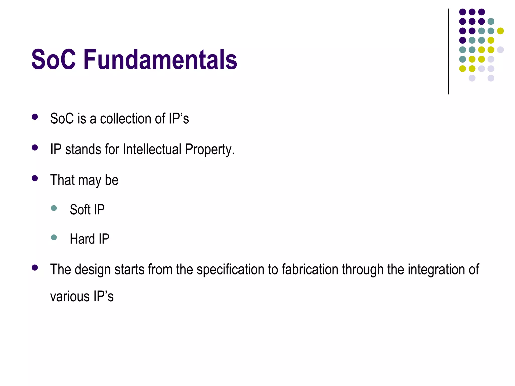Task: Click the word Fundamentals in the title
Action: click(160, 60)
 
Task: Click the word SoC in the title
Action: click(53, 60)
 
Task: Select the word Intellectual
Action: click(152, 149)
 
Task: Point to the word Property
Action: click(209, 150)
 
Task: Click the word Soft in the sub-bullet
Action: click(80, 210)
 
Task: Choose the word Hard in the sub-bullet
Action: click(82, 239)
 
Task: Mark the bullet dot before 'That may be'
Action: click(35, 178)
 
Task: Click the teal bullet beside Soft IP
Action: click(54, 208)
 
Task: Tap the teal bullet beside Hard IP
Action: click(54, 237)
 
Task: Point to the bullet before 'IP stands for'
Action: click(35, 148)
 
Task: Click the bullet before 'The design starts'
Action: click(35, 268)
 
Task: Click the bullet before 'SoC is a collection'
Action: click(35, 117)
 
